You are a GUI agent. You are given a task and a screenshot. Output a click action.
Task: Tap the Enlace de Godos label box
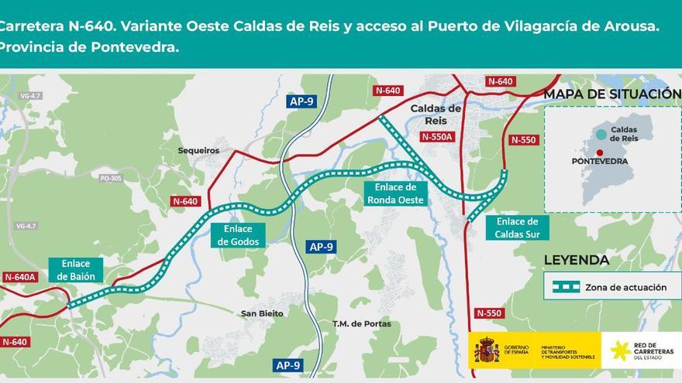(237, 235)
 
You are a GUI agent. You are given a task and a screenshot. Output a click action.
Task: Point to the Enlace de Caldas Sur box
(518, 227)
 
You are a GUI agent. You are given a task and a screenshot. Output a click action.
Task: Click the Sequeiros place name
(198, 151)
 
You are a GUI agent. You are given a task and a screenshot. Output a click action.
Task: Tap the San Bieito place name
(262, 313)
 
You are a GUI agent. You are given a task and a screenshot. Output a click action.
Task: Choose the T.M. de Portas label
(361, 323)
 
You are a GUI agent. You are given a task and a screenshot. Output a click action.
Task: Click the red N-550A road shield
(436, 137)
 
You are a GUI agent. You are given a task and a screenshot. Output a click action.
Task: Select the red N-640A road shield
(20, 277)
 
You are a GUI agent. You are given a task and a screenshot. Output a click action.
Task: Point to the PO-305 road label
(111, 179)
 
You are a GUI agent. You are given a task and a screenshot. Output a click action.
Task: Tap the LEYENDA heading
(576, 261)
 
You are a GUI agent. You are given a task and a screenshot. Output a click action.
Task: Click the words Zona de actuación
(625, 287)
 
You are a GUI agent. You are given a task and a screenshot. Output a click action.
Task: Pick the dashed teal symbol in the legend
(565, 287)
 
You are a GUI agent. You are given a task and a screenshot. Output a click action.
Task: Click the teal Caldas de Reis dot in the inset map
(601, 134)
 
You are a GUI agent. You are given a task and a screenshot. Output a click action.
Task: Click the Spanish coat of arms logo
(487, 351)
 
